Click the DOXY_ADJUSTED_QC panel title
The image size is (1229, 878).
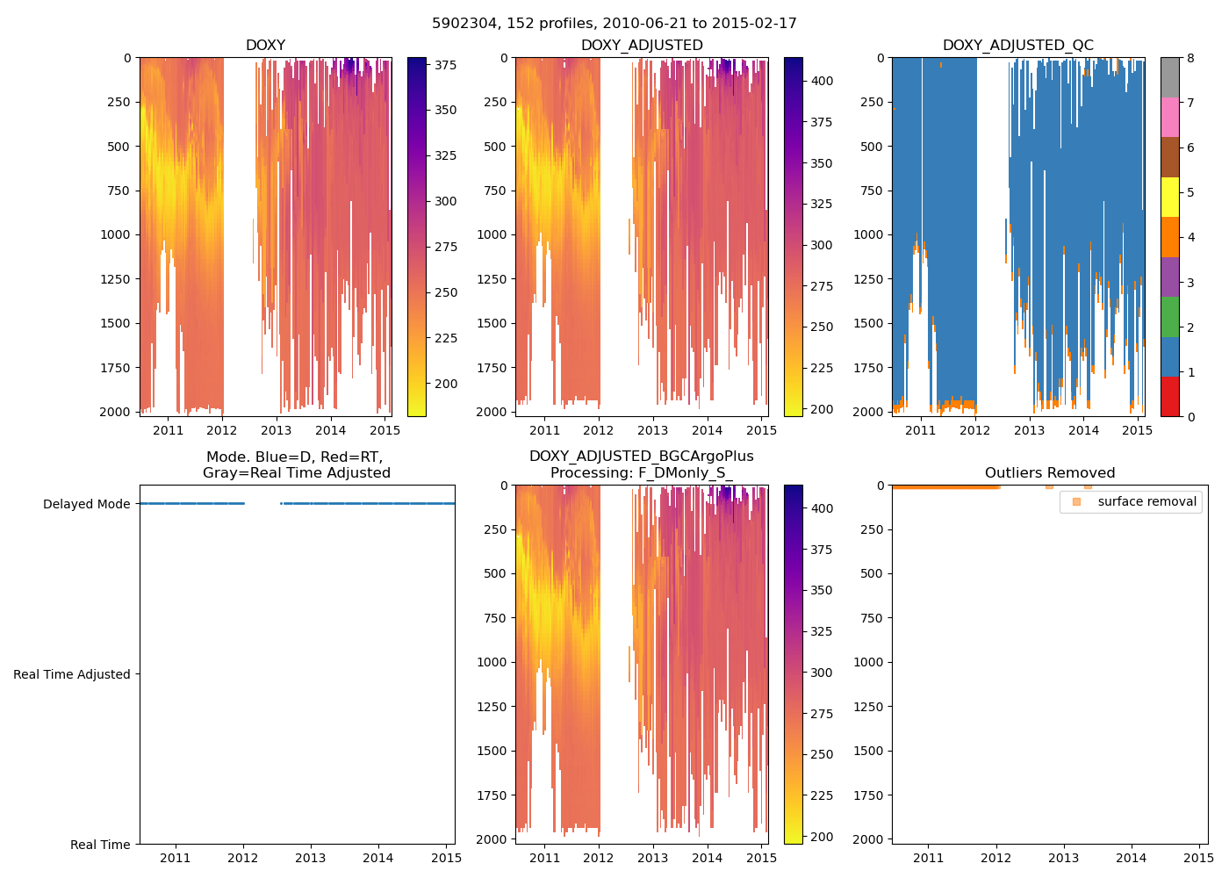(1017, 46)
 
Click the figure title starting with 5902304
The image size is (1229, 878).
(614, 24)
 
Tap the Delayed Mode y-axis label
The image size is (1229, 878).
(86, 504)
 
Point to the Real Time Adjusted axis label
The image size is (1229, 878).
(72, 674)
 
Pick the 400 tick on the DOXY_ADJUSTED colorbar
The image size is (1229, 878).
(822, 81)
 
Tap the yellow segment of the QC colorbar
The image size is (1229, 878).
(1169, 198)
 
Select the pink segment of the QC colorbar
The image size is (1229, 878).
(1169, 117)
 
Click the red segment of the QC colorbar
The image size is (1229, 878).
(1169, 397)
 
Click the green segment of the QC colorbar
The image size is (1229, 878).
(1169, 317)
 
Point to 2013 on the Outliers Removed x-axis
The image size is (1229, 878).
(1063, 858)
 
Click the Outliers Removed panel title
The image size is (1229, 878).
(1050, 473)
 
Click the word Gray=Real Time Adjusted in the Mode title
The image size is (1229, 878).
(297, 473)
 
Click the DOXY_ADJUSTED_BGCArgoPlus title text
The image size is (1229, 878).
(641, 457)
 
